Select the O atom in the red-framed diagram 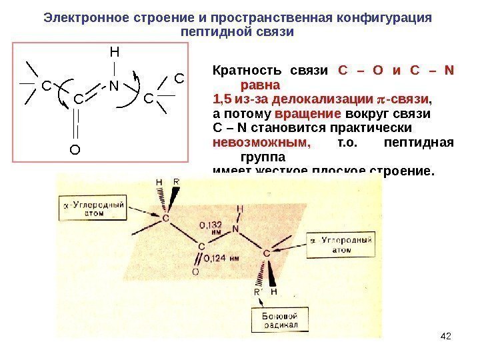[x=75, y=150]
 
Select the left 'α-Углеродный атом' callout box [x=95, y=209]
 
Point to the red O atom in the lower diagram [x=195, y=272]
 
